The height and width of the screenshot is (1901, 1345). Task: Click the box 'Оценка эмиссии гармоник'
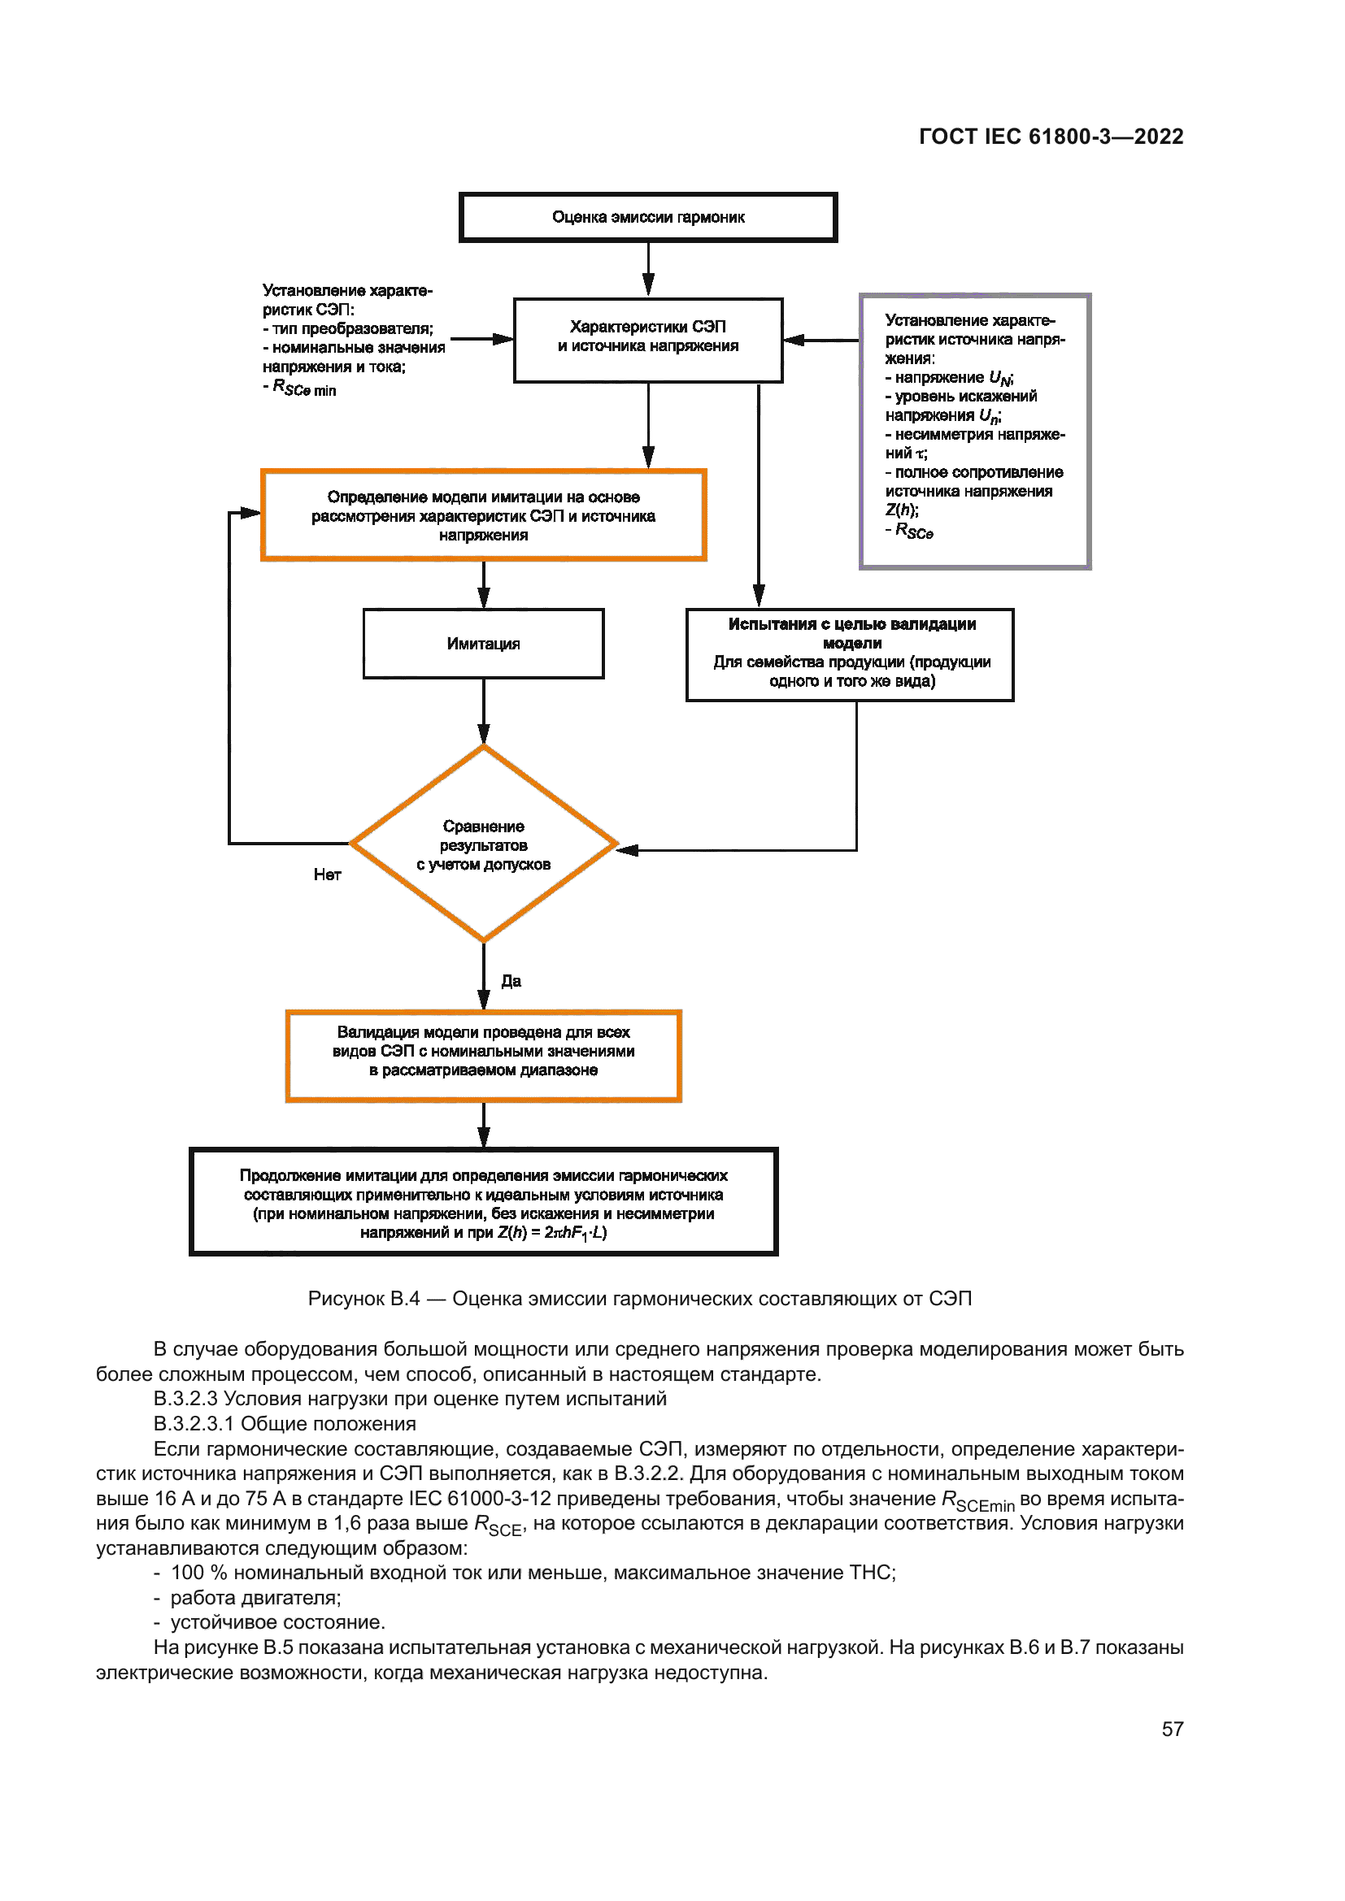pos(647,217)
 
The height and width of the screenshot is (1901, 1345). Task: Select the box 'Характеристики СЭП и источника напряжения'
pos(647,340)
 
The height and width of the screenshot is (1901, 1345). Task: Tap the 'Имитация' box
pos(483,644)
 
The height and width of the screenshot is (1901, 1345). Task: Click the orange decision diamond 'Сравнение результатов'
pos(483,844)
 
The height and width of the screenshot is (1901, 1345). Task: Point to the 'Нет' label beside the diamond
pos(327,875)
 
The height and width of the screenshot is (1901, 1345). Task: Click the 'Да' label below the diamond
pos(511,981)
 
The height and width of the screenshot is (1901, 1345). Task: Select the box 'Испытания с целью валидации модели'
pos(850,654)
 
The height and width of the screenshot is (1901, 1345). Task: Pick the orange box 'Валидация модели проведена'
pos(483,1056)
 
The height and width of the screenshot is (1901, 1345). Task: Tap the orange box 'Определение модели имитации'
pos(483,515)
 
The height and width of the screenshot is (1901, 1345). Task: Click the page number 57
pos(1172,1730)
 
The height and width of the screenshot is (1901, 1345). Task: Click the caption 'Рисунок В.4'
pos(363,1299)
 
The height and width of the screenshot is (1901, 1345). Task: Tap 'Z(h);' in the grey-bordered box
pos(901,511)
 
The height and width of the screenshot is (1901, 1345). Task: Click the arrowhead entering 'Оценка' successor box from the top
pos(648,285)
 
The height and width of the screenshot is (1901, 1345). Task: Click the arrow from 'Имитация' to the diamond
pos(484,712)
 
